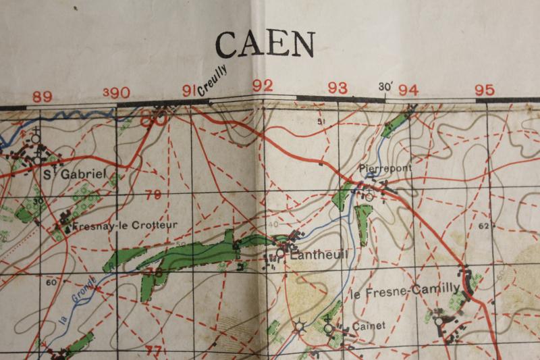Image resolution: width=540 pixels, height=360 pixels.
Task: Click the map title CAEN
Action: pyautogui.click(x=265, y=45)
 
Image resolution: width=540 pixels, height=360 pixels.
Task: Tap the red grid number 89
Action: pyautogui.click(x=42, y=97)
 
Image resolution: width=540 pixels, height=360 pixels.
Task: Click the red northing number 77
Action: pyautogui.click(x=153, y=350)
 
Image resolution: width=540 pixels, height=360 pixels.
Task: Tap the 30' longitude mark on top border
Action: pyautogui.click(x=386, y=86)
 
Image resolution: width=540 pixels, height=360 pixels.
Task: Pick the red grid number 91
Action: pyautogui.click(x=189, y=90)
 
